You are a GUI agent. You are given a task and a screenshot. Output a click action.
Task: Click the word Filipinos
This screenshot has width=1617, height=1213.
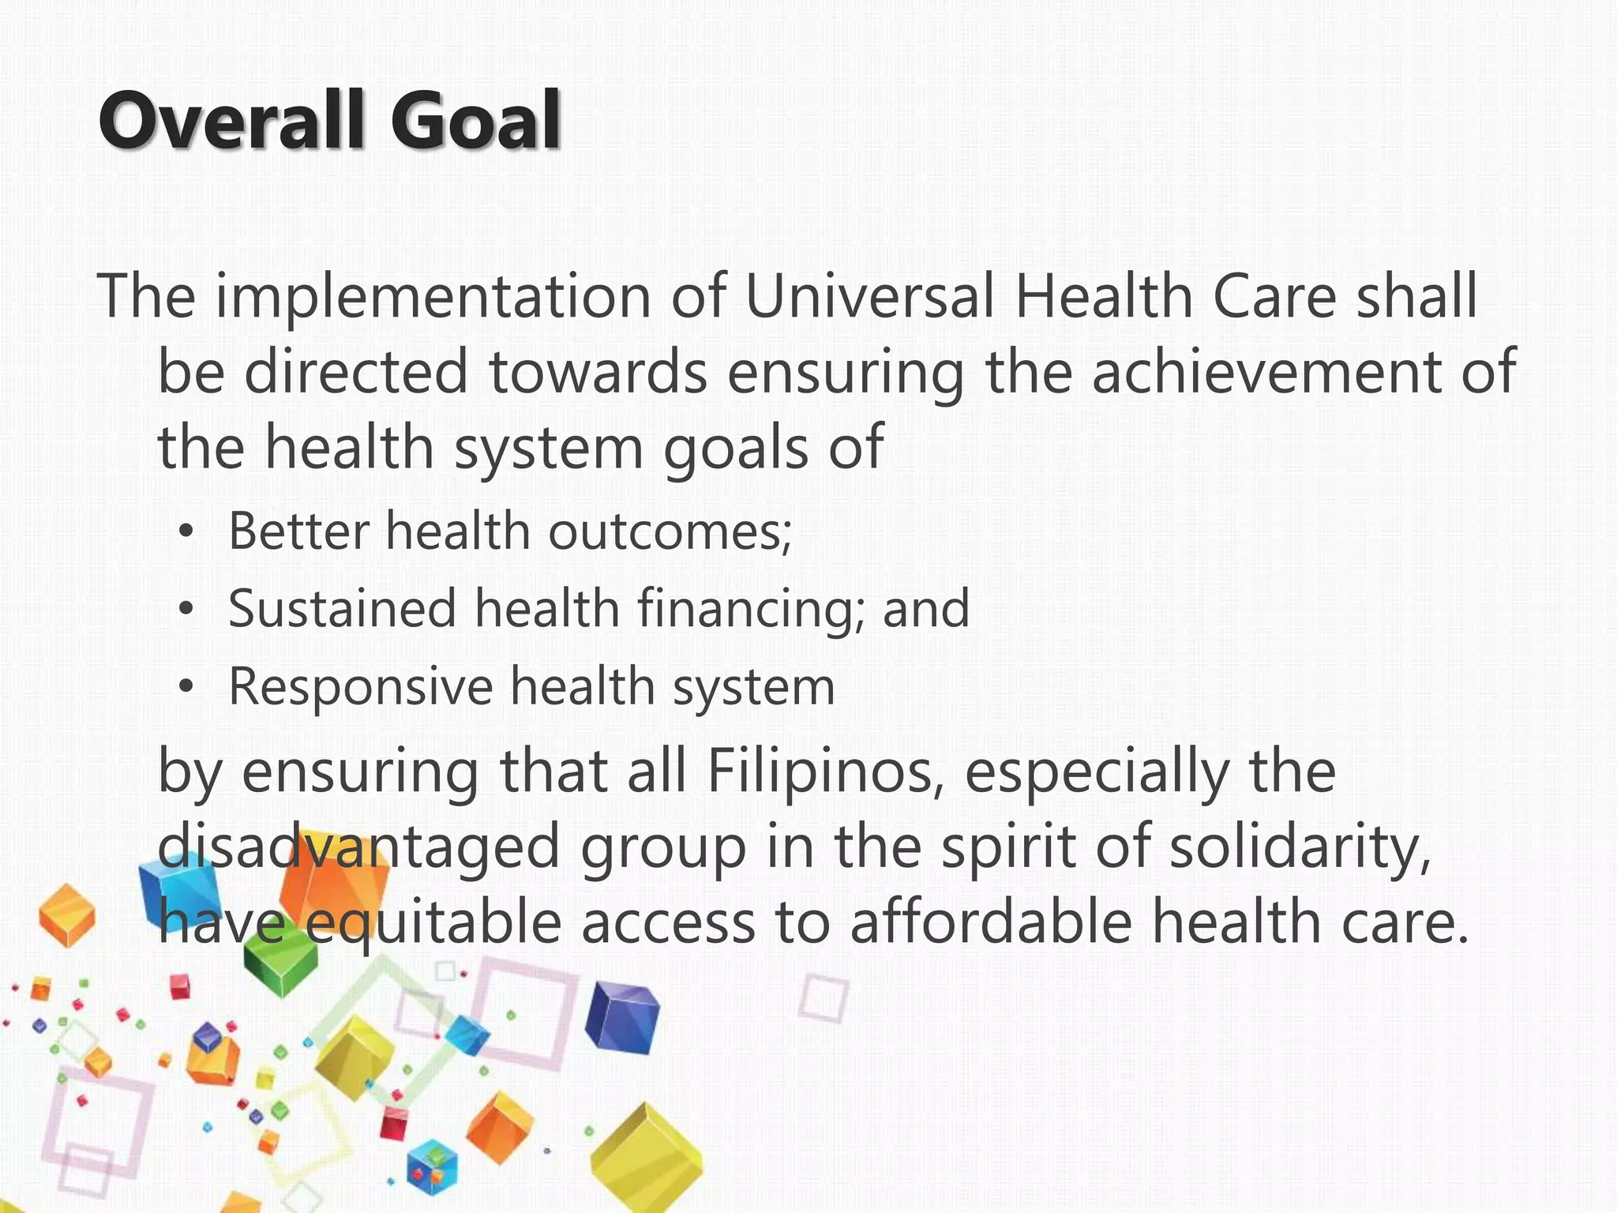tap(824, 772)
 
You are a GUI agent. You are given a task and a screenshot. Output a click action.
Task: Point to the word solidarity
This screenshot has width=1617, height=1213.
tap(1300, 847)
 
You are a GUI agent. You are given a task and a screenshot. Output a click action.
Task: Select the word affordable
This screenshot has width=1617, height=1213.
tap(991, 922)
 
